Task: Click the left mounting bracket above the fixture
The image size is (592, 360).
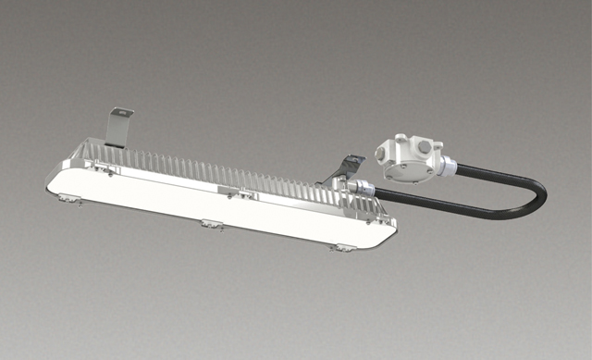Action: tap(118, 126)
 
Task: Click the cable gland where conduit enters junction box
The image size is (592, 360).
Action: tap(448, 167)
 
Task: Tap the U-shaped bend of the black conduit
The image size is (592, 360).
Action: tap(536, 195)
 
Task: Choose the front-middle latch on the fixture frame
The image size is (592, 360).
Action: tap(211, 224)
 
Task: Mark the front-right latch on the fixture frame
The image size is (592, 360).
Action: tap(343, 247)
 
